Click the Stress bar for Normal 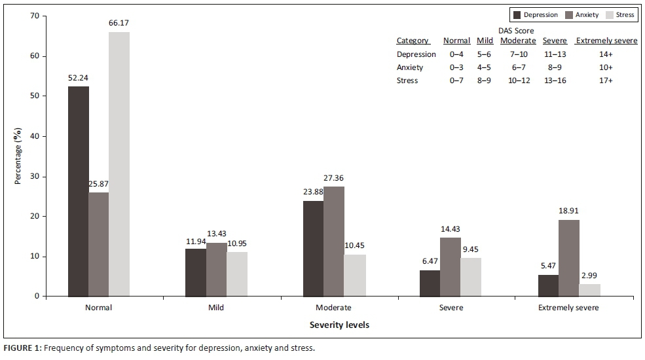(119, 164)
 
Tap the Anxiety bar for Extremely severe (569, 258)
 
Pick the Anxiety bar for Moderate (334, 242)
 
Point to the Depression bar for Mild (196, 272)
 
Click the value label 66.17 (119, 23)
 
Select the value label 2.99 (589, 275)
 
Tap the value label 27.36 (334, 177)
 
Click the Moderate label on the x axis (333, 308)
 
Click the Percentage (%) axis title (18, 156)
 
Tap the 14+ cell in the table (606, 54)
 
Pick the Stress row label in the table (407, 81)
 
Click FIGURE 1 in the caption (21, 348)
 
